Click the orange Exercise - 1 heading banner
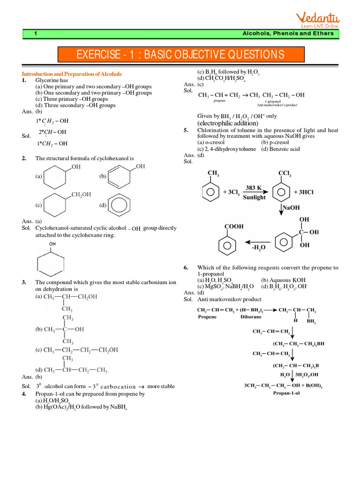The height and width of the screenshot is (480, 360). click(180, 54)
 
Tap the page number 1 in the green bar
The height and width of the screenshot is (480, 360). click(36, 33)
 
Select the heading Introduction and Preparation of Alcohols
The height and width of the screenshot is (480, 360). click(72, 74)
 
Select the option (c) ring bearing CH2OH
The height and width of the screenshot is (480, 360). click(55, 205)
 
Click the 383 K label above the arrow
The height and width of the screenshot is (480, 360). click(254, 187)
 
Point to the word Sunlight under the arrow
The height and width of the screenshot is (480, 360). click(254, 198)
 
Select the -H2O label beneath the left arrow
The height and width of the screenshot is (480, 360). click(259, 247)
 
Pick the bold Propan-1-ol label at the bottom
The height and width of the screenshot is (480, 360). click(290, 393)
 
